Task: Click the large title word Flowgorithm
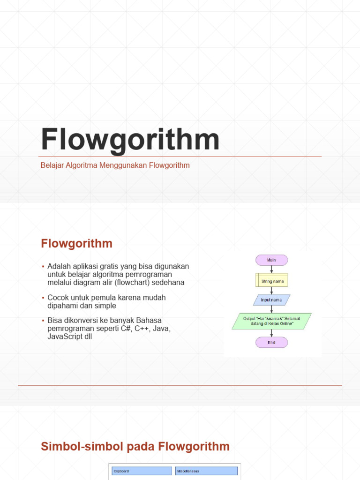point(130,139)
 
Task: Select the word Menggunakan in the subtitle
point(120,165)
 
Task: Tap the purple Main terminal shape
point(271,260)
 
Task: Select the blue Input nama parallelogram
point(271,300)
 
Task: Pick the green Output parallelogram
point(271,321)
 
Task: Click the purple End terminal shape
point(271,342)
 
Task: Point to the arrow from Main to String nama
point(271,270)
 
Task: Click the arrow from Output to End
point(271,333)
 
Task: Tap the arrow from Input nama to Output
point(271,309)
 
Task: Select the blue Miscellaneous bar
point(207,471)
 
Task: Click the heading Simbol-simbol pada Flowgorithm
point(135,446)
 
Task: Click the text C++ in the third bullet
point(141,329)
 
